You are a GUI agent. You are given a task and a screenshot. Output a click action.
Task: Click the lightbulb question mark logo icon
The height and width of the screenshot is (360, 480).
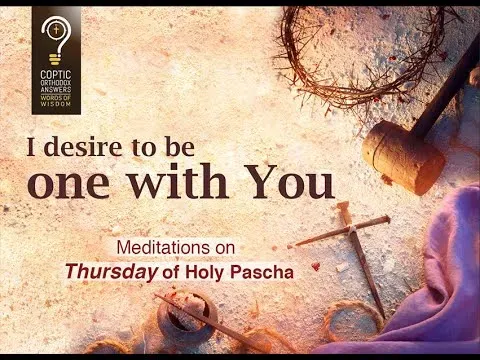click(x=56, y=37)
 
